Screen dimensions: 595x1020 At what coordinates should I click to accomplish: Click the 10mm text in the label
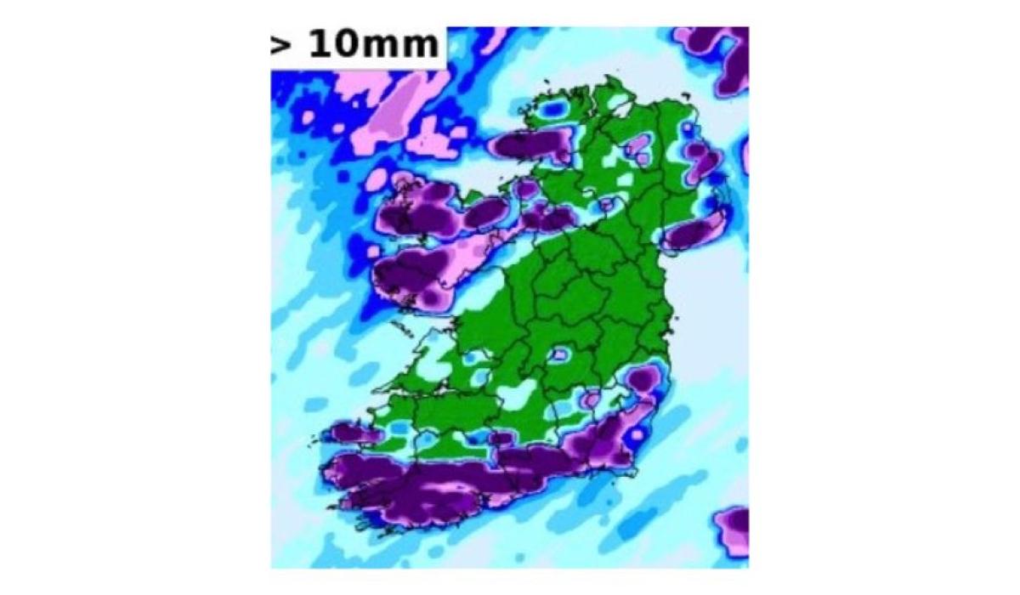click(x=374, y=44)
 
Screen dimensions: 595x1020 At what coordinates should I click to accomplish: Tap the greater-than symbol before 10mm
click(x=280, y=44)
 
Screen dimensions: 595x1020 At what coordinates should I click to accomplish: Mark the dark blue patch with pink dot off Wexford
click(x=635, y=435)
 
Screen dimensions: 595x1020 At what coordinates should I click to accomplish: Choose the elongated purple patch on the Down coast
click(x=693, y=231)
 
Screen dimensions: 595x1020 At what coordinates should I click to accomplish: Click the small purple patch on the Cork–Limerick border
click(x=501, y=438)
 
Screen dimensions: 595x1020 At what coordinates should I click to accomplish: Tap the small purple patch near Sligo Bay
click(x=527, y=189)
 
